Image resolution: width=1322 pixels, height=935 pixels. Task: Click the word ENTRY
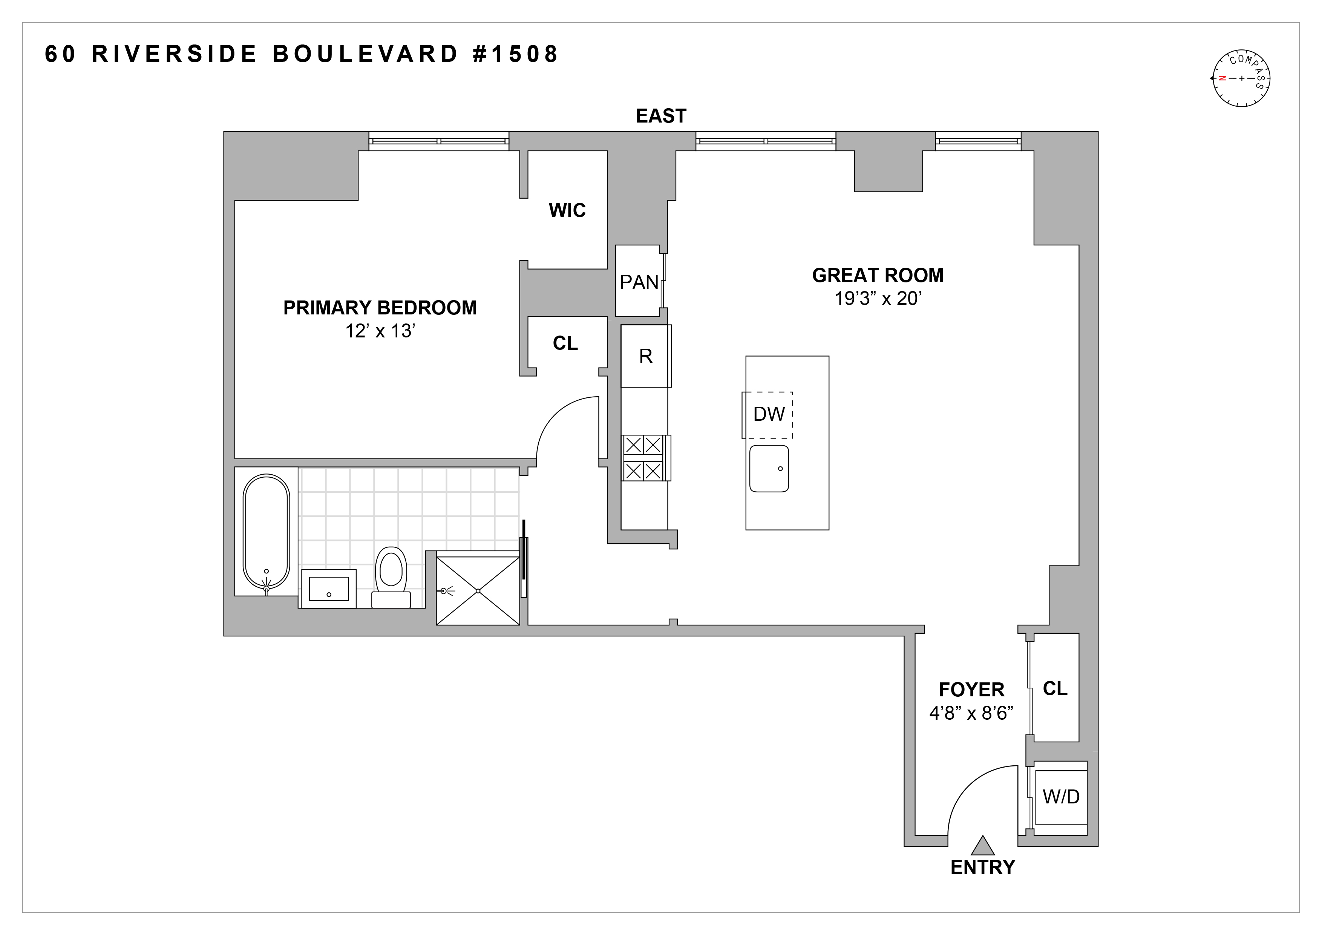(x=982, y=867)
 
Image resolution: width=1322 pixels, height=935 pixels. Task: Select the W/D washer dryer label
(x=1061, y=797)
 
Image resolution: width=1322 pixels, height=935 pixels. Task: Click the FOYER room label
(x=971, y=690)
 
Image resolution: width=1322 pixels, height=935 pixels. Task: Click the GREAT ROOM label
(x=878, y=275)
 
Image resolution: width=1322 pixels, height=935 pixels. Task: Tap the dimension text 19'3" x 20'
(x=878, y=299)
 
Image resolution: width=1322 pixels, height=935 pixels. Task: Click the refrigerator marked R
(x=645, y=356)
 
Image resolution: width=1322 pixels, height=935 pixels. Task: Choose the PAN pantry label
(x=639, y=282)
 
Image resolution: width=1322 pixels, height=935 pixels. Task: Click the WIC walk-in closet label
(x=567, y=211)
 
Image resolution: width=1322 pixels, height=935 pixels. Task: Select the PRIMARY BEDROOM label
(x=380, y=308)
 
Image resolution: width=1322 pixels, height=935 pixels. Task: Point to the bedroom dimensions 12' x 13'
(x=380, y=332)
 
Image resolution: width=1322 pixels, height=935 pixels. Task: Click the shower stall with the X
(x=478, y=590)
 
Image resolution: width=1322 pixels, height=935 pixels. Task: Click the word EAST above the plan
(x=660, y=116)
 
